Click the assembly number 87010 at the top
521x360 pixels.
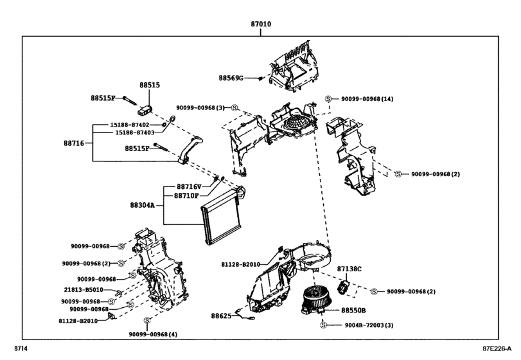tap(260, 24)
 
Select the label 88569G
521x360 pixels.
tap(231, 78)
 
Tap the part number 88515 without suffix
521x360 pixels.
tap(150, 85)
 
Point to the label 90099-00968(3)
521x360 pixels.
tap(200, 107)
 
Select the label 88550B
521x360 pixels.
tap(353, 310)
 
